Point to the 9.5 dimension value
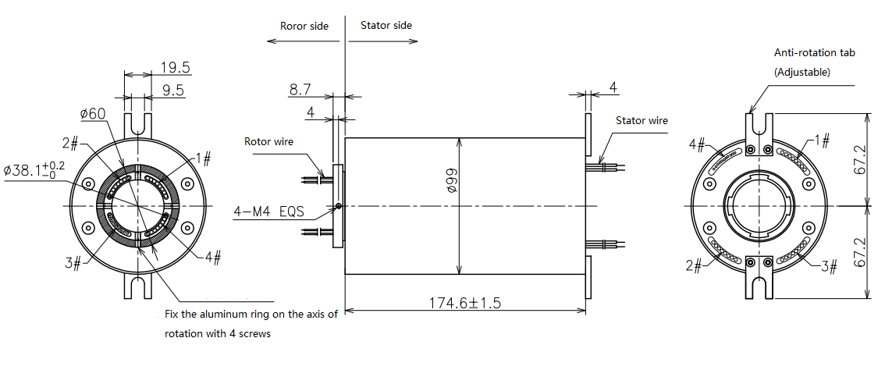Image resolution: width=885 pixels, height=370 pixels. pos(172,91)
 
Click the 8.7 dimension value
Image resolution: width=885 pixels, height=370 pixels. pos(300,91)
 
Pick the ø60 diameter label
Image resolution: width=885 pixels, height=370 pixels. pos(92,115)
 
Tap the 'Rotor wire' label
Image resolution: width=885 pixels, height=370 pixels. pos(268,142)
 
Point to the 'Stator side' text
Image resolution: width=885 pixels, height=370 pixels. pos(386,26)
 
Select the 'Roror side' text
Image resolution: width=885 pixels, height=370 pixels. pos(304,26)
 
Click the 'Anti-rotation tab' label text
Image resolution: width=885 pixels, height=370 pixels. pos(815,53)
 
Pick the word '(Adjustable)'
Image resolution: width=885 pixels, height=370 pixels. pos(802,72)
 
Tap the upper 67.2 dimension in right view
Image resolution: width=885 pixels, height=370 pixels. pos(858,159)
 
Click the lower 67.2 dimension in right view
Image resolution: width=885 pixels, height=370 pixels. pos(858,252)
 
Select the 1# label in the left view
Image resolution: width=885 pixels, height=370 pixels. pos(204,159)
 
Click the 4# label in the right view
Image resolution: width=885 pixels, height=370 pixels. pos(698,145)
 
